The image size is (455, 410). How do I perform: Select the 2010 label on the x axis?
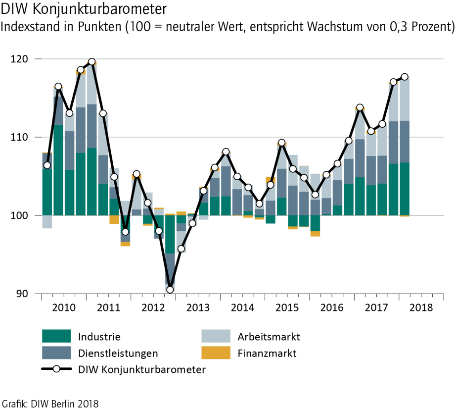tap(64, 307)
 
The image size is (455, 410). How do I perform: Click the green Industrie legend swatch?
tap(57, 337)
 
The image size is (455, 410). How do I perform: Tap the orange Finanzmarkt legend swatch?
tap(216, 353)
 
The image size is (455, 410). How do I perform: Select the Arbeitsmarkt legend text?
tap(269, 337)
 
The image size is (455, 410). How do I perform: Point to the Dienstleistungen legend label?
tap(119, 353)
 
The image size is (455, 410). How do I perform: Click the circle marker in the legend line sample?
tap(56, 369)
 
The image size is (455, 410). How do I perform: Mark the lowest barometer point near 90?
tap(170, 290)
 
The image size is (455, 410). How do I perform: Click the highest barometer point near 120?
tap(92, 62)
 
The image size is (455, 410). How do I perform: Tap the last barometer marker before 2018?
tap(405, 77)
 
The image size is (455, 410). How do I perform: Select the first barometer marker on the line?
tap(47, 165)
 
